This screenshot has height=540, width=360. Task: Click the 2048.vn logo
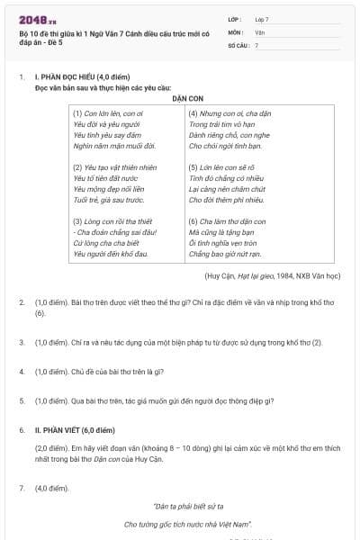(x=35, y=19)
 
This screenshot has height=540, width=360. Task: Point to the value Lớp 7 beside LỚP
(x=262, y=18)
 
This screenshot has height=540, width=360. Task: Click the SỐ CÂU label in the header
(x=238, y=44)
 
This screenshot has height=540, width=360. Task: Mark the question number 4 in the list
(x=22, y=371)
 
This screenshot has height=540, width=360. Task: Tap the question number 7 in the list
(x=22, y=487)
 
